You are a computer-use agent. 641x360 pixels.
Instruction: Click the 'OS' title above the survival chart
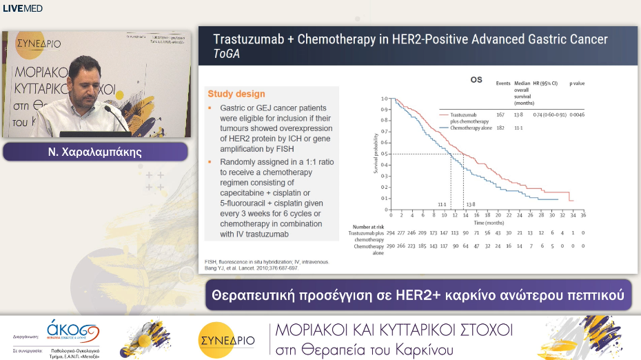pos(476,80)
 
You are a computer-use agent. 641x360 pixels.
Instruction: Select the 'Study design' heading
pos(236,94)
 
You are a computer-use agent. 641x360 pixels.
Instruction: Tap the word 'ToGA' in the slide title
pos(227,54)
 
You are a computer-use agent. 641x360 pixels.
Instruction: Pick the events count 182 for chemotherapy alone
pos(501,128)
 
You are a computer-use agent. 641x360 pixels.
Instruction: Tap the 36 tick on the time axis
pos(583,214)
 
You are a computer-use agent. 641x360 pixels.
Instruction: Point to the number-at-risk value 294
pos(391,233)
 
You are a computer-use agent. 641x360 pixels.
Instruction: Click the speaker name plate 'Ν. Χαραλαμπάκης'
pos(96,152)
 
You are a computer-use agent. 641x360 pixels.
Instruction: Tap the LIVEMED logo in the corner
pos(23,8)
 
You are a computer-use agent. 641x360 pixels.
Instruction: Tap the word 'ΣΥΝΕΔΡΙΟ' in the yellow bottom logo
pos(226,339)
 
